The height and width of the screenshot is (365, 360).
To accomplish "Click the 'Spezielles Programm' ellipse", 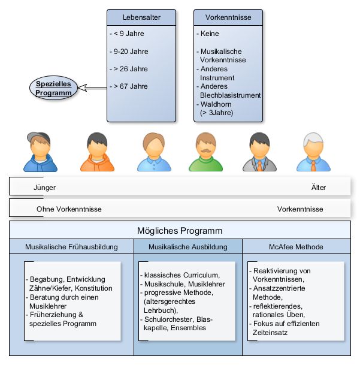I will tap(53, 88).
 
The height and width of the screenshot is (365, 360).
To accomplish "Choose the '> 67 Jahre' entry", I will tap(129, 86).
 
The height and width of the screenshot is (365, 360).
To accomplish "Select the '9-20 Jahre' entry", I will tap(129, 52).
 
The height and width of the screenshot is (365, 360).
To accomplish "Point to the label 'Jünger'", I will tap(44, 188).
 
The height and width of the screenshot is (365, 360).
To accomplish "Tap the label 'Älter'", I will tap(319, 188).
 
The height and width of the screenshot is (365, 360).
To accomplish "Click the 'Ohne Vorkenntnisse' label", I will tap(69, 209).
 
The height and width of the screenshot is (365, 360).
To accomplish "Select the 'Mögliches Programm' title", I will tap(180, 231).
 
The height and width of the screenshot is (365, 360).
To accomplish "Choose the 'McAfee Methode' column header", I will tap(296, 246).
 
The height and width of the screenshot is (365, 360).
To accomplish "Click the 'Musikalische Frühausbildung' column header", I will tap(71, 246).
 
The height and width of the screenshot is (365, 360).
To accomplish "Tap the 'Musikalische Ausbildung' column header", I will tap(188, 246).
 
